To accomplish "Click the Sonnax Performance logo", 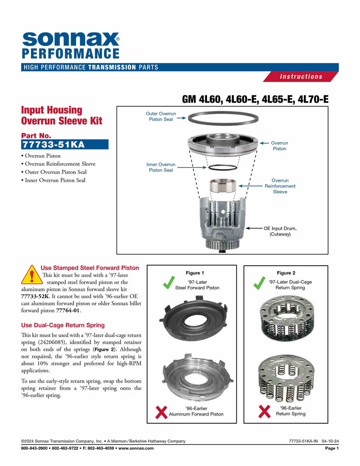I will (x=71, y=45).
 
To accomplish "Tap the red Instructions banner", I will (x=301, y=77).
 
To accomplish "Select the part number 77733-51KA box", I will (x=65, y=145).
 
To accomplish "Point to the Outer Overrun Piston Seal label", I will (x=161, y=117).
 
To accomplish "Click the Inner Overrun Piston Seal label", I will (x=161, y=167).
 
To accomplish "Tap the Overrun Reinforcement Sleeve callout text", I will (x=280, y=186).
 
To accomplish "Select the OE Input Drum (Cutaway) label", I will (x=280, y=231).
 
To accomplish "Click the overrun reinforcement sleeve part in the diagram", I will (x=223, y=185).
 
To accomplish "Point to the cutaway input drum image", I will (x=222, y=223).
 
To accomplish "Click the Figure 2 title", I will (x=286, y=273).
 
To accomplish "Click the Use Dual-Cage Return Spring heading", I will (x=63, y=325).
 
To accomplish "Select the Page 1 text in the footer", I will (x=332, y=448).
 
